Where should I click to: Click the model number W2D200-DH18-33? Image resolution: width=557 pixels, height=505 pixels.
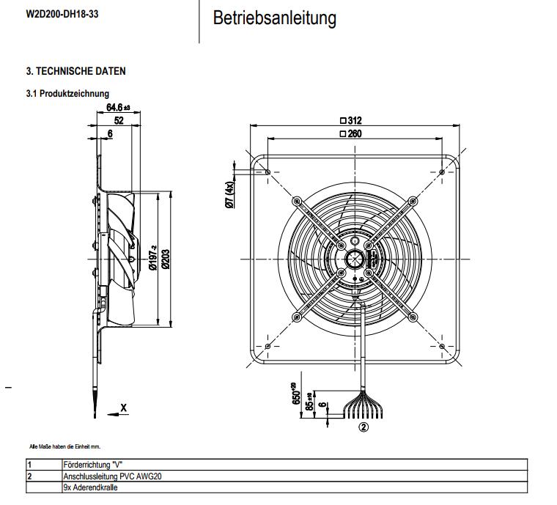coord(62,14)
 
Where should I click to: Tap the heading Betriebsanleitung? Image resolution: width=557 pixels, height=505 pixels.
coord(275,18)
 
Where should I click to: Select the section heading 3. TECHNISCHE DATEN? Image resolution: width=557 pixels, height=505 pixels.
coord(76,72)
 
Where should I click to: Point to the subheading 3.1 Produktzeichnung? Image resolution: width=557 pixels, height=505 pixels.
coord(67,94)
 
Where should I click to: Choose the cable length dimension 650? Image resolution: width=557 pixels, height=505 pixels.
coord(297,394)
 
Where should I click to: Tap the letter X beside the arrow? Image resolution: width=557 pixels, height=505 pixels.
coord(123,408)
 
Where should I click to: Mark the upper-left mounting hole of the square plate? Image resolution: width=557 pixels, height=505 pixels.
coord(269,172)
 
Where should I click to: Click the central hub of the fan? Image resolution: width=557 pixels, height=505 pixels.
coord(354,258)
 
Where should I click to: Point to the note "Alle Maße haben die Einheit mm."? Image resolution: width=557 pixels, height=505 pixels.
coord(64,446)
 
